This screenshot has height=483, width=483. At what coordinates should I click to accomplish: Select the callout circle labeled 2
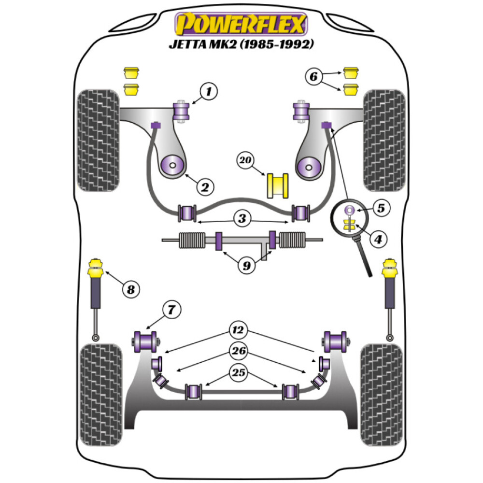pyautogui.click(x=205, y=186)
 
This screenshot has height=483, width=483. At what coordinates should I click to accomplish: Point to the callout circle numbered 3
pyautogui.click(x=241, y=219)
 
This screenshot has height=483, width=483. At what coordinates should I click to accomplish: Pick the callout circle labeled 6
pyautogui.click(x=313, y=76)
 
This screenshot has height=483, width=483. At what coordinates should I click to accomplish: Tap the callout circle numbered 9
pyautogui.click(x=246, y=265)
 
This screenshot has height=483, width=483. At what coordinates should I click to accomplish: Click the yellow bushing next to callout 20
pyautogui.click(x=277, y=185)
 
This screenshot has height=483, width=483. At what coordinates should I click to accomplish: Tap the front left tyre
pyautogui.click(x=98, y=140)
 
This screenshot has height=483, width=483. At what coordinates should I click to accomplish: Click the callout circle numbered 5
pyautogui.click(x=382, y=209)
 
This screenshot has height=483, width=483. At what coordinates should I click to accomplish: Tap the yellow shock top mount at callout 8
pyautogui.click(x=95, y=269)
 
